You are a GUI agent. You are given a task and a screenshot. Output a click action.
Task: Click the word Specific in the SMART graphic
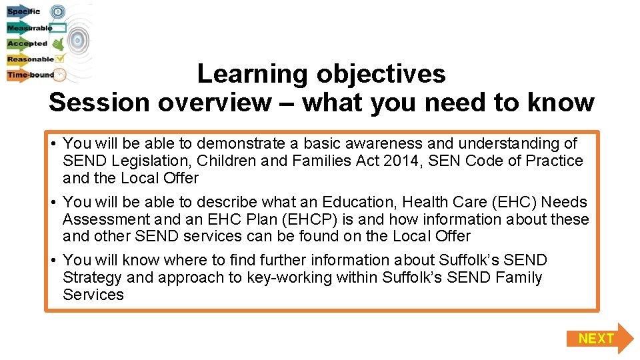(24, 11)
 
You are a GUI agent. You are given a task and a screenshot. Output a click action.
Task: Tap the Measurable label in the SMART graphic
(29, 28)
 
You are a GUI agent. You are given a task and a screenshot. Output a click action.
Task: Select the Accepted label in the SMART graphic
(27, 44)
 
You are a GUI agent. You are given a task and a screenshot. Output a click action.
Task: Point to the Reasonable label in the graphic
(31, 59)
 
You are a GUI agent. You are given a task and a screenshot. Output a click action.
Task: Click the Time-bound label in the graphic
(31, 75)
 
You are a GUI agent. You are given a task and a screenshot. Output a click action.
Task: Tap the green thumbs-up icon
(59, 44)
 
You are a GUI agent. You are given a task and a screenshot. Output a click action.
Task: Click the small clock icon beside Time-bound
(60, 75)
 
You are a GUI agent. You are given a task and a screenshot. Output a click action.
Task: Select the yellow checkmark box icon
(59, 59)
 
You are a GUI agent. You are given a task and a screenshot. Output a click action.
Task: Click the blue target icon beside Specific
(58, 11)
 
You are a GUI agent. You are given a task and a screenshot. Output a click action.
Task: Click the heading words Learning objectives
(321, 73)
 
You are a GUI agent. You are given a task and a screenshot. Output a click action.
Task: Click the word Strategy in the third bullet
(92, 277)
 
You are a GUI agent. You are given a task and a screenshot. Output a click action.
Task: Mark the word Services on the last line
(93, 295)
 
